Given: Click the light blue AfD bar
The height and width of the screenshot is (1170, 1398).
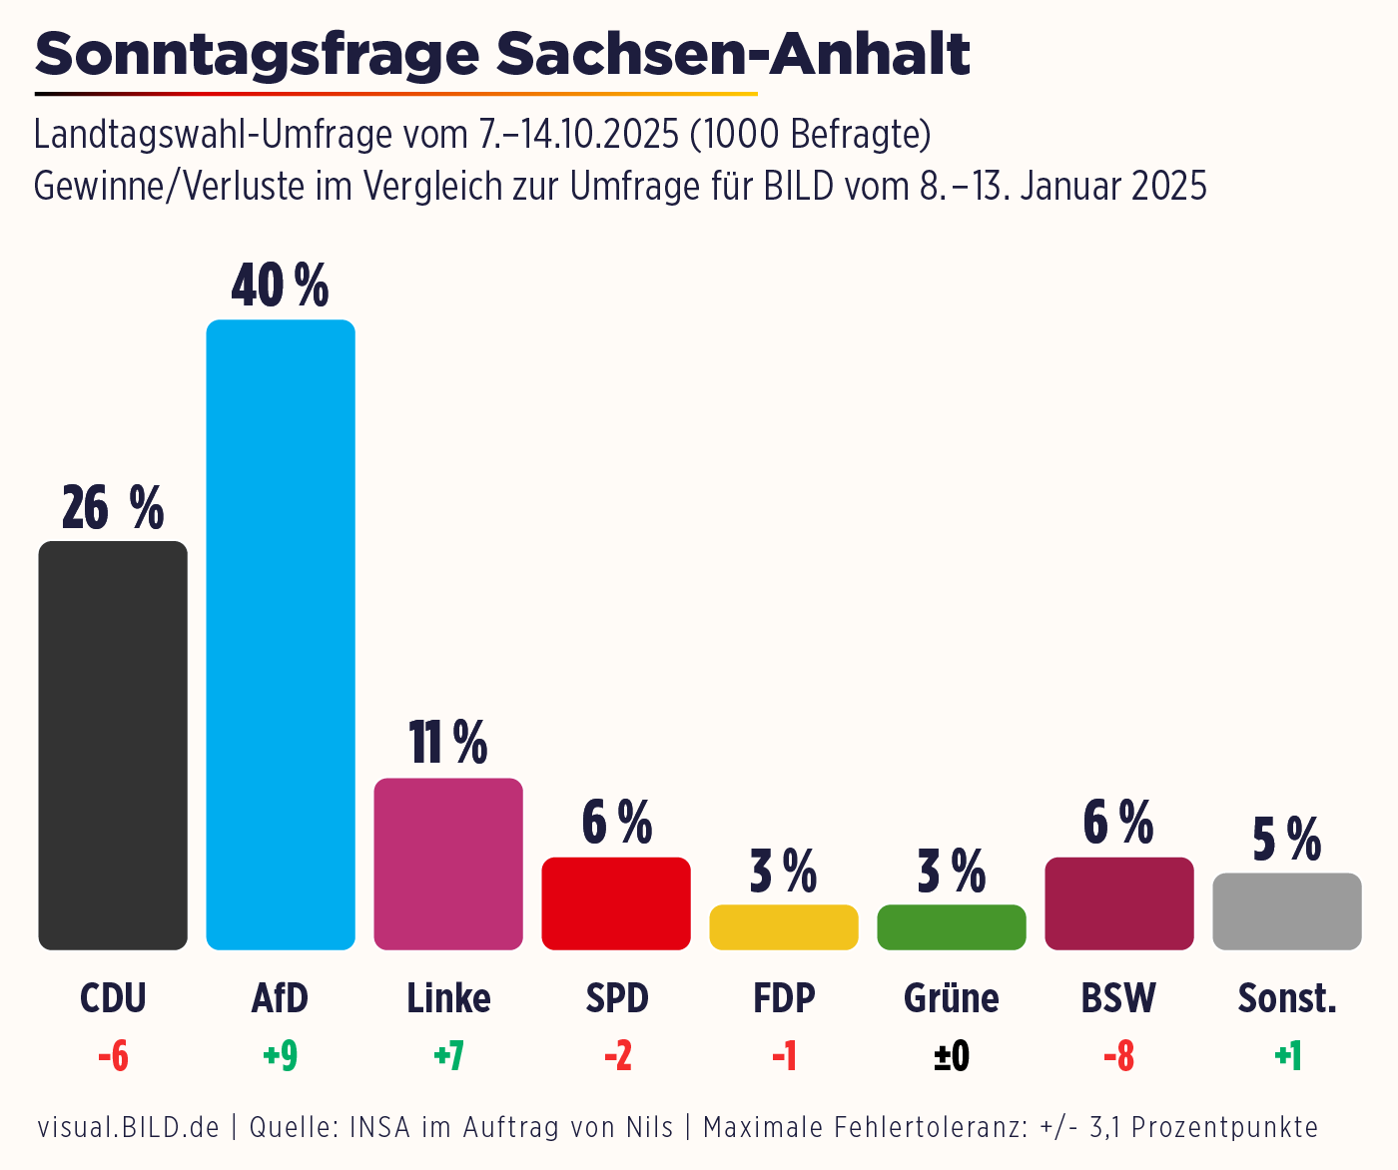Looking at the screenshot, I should (x=281, y=635).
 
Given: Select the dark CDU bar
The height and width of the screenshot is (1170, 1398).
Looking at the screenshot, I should (x=113, y=745).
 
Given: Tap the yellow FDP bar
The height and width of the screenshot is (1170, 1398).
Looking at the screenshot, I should (x=784, y=927).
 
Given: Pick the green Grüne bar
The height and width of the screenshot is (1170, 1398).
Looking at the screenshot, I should (x=952, y=927).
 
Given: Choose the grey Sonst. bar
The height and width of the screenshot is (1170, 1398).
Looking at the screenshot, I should (x=1287, y=911).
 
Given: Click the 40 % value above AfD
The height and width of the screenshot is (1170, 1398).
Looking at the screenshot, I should (x=280, y=287).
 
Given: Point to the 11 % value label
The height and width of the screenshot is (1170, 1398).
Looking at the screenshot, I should (x=448, y=743).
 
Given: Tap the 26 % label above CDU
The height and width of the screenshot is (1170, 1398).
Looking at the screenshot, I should (x=113, y=508).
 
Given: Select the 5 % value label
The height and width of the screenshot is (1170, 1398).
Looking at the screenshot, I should (x=1287, y=839).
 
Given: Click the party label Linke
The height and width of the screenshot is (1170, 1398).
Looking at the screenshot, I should (x=448, y=998).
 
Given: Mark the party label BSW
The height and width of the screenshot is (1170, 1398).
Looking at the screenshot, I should (x=1118, y=998).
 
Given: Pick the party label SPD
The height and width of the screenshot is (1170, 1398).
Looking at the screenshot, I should (x=617, y=998).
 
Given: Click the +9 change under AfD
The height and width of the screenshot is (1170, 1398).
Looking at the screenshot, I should (x=281, y=1056).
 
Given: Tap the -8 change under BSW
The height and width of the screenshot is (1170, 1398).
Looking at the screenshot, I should (x=1118, y=1056).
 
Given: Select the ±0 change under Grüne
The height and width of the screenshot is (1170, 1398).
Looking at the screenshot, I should (x=952, y=1056).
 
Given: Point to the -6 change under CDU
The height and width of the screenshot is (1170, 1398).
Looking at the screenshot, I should (x=113, y=1056).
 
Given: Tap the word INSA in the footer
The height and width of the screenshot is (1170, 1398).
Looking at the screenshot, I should (x=380, y=1128).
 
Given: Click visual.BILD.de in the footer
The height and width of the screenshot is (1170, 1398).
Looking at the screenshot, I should (x=129, y=1128).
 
